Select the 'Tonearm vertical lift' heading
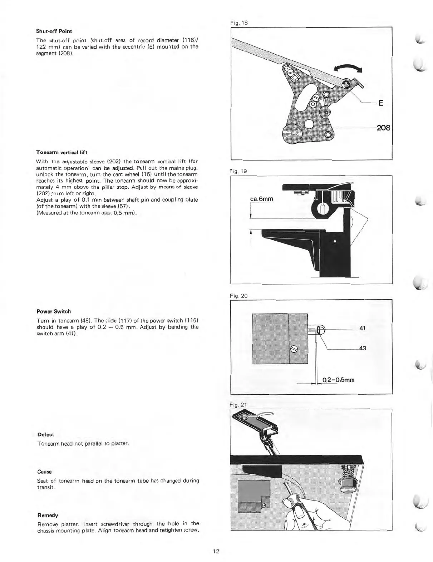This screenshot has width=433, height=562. point(61,152)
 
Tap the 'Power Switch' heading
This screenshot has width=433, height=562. point(54,311)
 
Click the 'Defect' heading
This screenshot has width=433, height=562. point(45,435)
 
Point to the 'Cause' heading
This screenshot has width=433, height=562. point(44,472)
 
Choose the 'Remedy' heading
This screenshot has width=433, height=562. point(48,515)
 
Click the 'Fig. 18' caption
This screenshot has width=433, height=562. point(239,23)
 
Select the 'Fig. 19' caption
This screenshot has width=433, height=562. point(238,171)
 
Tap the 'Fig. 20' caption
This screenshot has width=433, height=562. point(238,296)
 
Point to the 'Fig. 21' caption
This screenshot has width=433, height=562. point(238,405)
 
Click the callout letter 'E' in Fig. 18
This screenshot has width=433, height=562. point(380,103)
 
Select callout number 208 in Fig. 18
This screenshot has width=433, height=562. point(383,128)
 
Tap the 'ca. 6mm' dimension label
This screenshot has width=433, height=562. point(262,199)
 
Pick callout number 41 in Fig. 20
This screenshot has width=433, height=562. point(362,328)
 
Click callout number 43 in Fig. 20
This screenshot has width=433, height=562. point(362,348)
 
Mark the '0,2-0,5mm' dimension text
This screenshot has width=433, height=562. point(338,380)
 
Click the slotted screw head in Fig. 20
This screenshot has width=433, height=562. point(294,350)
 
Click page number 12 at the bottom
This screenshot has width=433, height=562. point(216,551)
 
